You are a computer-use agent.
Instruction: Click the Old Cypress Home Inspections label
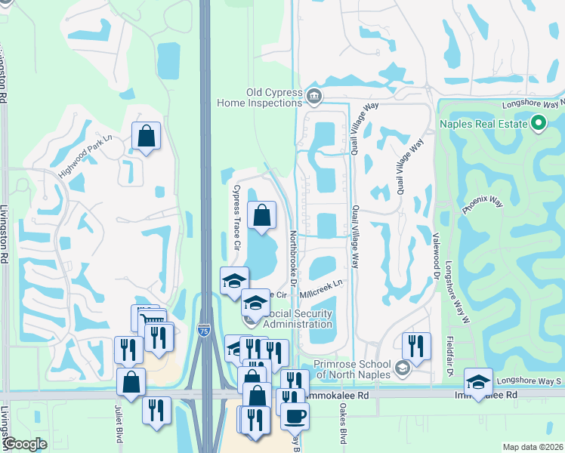260,97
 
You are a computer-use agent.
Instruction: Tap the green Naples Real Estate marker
539,122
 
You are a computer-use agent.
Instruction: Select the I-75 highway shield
203,330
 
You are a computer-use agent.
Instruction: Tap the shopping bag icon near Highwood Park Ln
147,137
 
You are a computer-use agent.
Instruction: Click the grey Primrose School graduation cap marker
403,368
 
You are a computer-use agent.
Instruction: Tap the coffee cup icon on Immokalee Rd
295,414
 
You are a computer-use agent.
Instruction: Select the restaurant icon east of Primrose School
416,346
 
